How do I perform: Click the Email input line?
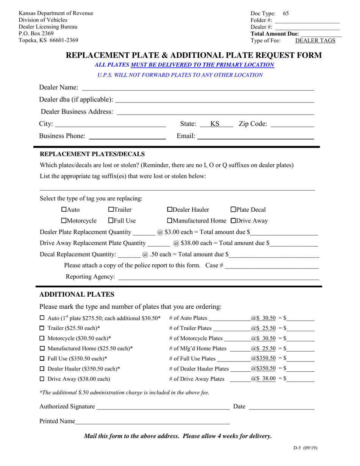click(256, 136)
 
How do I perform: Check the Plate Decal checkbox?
click(233, 210)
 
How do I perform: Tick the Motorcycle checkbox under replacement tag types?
click(64, 221)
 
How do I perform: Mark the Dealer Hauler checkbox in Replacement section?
click(169, 210)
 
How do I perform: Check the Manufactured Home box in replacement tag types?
click(169, 221)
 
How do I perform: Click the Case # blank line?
click(271, 266)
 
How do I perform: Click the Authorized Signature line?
click(163, 407)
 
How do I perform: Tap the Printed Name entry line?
click(152, 422)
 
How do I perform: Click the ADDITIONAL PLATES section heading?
click(77, 295)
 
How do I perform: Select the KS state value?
click(215, 124)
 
